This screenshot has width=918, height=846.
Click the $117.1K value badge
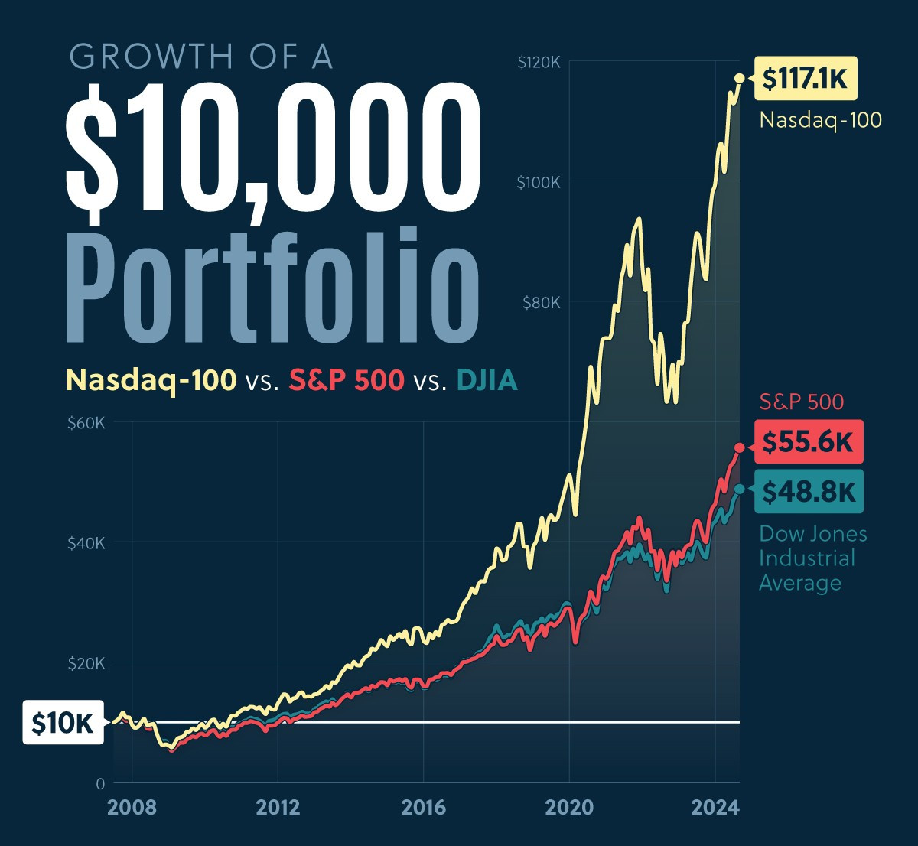point(806,79)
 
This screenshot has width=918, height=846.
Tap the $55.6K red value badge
point(808,442)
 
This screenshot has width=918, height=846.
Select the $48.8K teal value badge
point(809,492)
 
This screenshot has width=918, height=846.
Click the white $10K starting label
point(63,722)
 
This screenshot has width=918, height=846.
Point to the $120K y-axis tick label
point(539,63)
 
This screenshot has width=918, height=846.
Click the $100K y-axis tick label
point(539,182)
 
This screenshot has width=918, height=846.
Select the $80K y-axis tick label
point(542,302)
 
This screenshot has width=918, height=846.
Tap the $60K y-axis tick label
point(85,423)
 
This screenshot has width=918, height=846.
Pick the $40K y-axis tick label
point(85,543)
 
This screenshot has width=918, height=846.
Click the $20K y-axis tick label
point(85,663)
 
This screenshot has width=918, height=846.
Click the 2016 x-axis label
point(423,808)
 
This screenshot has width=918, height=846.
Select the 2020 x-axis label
point(569,808)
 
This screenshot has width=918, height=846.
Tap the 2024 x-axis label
point(715,808)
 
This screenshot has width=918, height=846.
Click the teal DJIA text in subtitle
point(487,380)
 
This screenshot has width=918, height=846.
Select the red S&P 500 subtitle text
point(347,380)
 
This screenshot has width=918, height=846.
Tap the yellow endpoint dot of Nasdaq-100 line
point(739,78)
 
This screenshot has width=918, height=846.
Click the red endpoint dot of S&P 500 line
point(739,447)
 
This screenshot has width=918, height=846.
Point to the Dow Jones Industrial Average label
point(812,558)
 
